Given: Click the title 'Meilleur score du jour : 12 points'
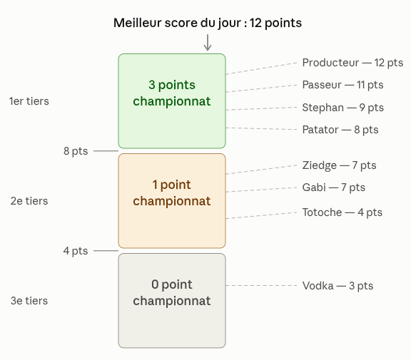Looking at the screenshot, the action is coord(208,23).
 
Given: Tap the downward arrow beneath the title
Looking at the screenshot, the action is coord(208,42).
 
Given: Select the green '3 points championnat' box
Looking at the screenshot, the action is coord(172,101).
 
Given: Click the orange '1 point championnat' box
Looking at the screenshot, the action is coord(172,201).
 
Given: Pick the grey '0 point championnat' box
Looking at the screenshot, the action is coord(172,301).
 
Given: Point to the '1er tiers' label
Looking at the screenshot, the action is coord(29,101).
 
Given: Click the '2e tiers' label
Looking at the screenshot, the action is coord(29,201).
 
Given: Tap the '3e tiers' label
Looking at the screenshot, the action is coord(29,301).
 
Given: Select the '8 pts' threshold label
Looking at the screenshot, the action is coord(76,151).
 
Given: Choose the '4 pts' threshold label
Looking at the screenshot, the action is coord(76,251).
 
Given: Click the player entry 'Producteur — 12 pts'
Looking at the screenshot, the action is coord(352,63).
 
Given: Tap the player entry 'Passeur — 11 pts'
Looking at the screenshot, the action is coord(342,85).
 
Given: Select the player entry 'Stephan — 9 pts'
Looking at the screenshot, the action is coord(342,108).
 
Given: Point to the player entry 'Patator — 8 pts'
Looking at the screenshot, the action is coord(340,130).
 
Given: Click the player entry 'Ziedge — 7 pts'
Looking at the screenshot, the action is coord(339,165).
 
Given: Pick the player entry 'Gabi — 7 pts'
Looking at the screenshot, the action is coord(334,187).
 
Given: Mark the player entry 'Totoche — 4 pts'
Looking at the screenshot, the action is coord(342,212).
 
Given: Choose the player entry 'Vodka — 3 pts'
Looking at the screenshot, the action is coord(338,286).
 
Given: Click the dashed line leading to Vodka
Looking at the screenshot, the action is coord(261,285).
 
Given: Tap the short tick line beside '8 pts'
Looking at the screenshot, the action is coord(106,151).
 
